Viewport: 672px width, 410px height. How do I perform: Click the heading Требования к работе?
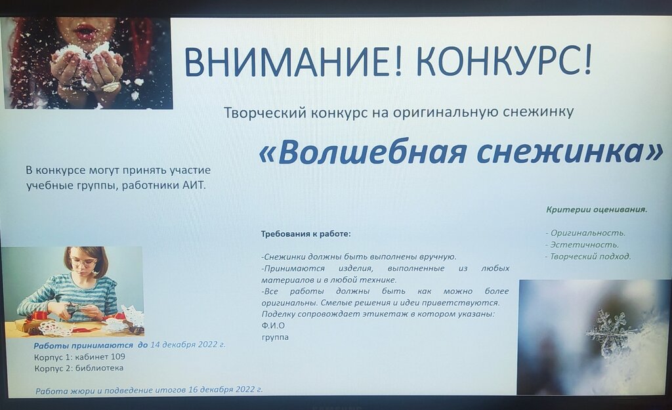306,234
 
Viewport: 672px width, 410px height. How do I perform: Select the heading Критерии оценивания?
597,209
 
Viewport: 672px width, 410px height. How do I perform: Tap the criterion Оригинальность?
585,233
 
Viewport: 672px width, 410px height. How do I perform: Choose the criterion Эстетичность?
582,245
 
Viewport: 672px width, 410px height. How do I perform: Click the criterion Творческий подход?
588,256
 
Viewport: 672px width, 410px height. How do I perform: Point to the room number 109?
118,356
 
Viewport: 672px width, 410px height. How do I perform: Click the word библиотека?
100,368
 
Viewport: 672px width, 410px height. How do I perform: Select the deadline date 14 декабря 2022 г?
187,344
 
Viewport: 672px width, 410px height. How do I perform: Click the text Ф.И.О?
273,325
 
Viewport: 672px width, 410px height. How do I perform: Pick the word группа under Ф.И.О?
275,337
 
